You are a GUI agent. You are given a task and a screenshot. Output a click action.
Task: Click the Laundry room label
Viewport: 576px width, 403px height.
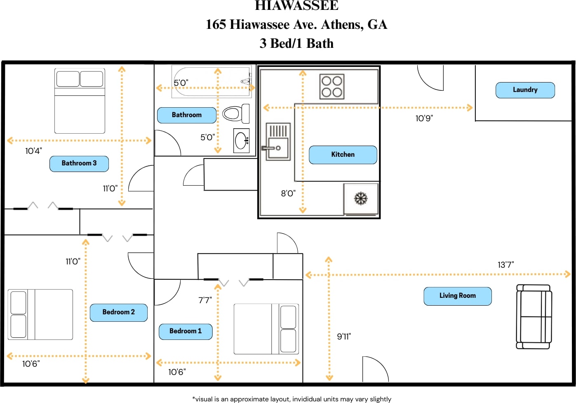525,90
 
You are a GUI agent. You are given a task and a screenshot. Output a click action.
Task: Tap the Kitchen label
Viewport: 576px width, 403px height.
343,155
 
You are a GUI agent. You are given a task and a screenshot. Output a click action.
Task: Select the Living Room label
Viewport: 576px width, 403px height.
457,296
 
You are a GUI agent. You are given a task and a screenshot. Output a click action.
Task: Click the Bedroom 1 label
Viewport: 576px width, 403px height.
186,331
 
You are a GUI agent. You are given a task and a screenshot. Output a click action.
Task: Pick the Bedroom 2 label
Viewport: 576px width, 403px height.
118,312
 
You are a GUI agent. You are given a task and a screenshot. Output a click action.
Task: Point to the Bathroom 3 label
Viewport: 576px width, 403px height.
79,163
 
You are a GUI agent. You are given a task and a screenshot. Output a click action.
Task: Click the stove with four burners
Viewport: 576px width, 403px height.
332,87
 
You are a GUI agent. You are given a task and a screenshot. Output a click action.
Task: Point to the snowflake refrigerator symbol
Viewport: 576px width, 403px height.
361,199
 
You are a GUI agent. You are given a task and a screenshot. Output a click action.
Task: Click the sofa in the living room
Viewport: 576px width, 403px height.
534,316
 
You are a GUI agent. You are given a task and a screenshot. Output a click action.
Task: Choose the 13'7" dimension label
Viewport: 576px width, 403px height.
505,265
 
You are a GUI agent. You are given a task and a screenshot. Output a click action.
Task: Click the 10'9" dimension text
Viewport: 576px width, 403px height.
424,118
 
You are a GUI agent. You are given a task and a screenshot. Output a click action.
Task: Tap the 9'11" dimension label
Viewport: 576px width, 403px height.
344,337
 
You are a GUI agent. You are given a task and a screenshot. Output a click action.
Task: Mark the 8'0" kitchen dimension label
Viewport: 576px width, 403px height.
288,193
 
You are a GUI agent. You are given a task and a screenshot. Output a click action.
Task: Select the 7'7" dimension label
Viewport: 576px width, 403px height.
205,300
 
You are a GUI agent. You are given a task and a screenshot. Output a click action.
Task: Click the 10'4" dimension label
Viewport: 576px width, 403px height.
33,151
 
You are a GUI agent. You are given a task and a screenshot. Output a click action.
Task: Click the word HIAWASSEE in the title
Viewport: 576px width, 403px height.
296,5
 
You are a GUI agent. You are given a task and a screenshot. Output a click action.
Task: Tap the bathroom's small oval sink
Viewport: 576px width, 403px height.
241,141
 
